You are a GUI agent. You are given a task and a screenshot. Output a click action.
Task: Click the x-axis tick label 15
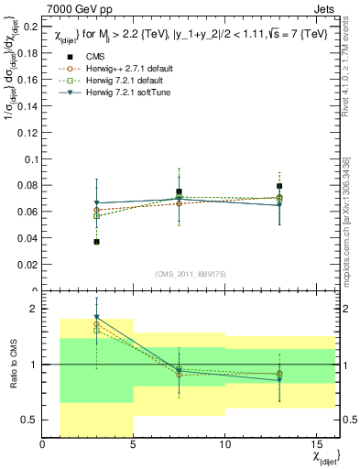pyautogui.click(x=316, y=446)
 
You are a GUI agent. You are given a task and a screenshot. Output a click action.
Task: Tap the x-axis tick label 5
pyautogui.click(x=134, y=446)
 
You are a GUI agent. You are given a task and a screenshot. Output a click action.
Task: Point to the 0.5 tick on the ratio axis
pyautogui.click(x=30, y=420)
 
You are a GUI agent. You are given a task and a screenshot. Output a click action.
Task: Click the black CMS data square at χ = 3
pyautogui.click(x=97, y=242)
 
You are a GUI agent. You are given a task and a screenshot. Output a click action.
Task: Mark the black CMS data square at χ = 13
pyautogui.click(x=279, y=186)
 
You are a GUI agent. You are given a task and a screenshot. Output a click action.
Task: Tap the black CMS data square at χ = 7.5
pyautogui.click(x=180, y=192)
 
